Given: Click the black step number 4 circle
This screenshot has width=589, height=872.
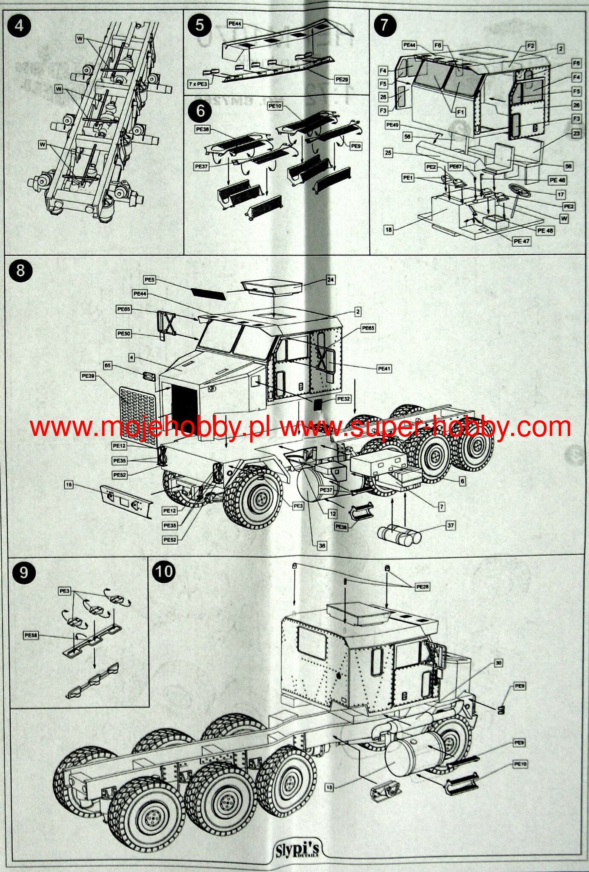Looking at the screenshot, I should [19, 26].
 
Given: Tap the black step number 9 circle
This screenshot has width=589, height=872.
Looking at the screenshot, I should [24, 572].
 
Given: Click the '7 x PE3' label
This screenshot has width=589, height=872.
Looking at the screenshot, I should [198, 84].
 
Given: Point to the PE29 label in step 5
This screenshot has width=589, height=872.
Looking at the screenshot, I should [342, 79].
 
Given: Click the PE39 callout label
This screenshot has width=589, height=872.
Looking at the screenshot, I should [89, 376].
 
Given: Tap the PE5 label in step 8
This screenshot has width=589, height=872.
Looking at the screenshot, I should [149, 280].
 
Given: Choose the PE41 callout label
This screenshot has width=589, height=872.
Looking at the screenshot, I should [384, 369].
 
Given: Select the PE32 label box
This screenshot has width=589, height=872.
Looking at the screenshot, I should [343, 399].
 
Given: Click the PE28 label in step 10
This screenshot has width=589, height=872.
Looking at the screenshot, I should [422, 587].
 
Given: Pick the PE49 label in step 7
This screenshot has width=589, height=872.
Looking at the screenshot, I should [392, 125].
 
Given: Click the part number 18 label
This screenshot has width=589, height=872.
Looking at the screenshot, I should [389, 229].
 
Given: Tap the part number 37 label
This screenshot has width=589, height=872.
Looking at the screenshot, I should [450, 525].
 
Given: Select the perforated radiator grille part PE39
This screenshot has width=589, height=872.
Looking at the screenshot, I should [137, 416].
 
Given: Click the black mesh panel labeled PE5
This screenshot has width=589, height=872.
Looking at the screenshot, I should [207, 293].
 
